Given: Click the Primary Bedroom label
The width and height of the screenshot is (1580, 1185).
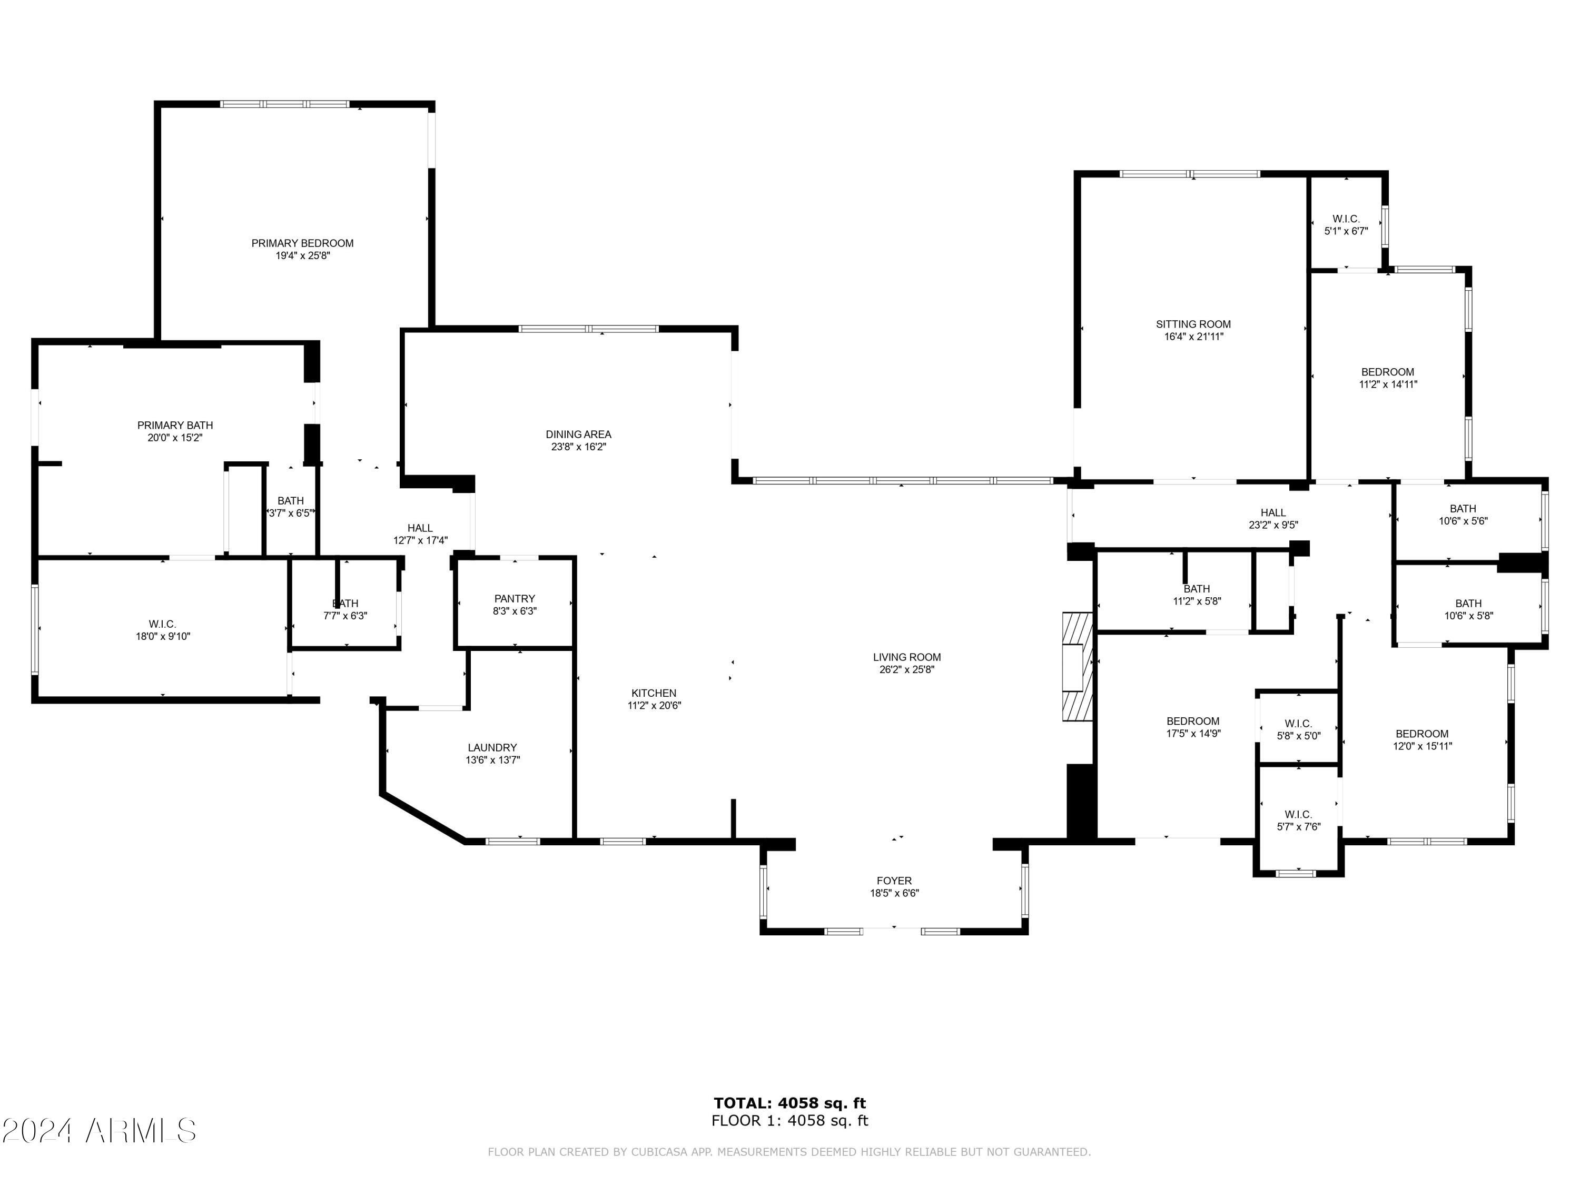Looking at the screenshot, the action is click(x=302, y=243).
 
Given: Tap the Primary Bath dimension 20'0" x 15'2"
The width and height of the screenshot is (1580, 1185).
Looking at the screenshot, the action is click(x=175, y=438).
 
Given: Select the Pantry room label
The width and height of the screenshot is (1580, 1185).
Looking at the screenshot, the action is click(x=514, y=599).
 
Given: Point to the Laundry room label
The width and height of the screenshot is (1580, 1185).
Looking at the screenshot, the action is click(x=492, y=748).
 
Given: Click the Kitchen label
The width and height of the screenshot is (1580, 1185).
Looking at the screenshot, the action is click(x=654, y=693).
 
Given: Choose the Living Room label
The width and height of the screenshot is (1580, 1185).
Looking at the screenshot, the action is click(x=906, y=657).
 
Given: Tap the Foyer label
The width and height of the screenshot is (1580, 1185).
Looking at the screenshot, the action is click(x=894, y=881).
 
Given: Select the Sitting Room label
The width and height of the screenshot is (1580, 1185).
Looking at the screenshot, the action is click(x=1193, y=324).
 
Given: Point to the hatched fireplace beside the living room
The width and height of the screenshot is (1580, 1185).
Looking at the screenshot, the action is click(x=1077, y=667).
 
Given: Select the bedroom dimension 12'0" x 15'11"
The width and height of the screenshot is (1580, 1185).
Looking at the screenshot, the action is click(x=1422, y=746).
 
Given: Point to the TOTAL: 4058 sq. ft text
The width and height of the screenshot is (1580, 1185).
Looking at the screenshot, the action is click(x=789, y=1103).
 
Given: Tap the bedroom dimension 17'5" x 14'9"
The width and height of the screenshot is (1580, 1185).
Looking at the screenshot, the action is click(x=1193, y=733).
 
